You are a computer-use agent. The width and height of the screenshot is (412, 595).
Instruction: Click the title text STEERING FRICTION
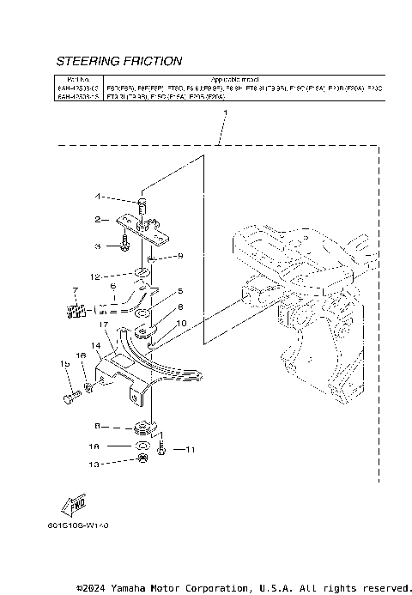tap(118, 62)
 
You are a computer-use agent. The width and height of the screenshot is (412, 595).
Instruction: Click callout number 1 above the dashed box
tap(224, 113)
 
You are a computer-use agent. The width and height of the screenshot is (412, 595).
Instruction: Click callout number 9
tap(180, 256)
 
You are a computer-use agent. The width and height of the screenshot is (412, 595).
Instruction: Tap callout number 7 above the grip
tap(76, 291)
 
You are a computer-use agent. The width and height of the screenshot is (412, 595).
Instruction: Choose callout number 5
tap(180, 291)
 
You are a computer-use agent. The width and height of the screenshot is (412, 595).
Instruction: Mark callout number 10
tap(180, 323)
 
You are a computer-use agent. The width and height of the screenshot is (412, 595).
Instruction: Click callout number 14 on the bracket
tap(98, 345)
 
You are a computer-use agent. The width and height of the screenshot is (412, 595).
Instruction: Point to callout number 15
tap(64, 365)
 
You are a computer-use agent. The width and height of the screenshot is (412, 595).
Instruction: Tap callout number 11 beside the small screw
tap(191, 448)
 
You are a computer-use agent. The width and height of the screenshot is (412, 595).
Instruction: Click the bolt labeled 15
tap(68, 397)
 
